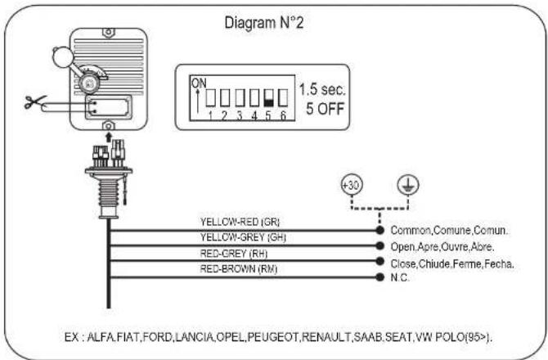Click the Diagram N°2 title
[x=264, y=23]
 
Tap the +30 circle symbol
[x=352, y=185]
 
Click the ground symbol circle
[x=408, y=185]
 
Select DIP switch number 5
[x=268, y=98]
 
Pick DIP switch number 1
[x=210, y=98]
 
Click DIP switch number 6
[x=283, y=98]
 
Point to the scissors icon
[x=35, y=101]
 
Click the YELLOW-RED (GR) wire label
[x=240, y=222]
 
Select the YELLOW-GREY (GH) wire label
[x=243, y=237]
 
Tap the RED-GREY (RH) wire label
[x=233, y=254]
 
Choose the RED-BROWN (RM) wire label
[x=238, y=269]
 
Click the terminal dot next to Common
[x=380, y=230]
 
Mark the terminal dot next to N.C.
[x=380, y=277]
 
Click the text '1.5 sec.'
[x=322, y=90]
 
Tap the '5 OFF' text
[x=325, y=109]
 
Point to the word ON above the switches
[x=199, y=83]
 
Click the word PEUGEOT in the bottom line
[x=273, y=337]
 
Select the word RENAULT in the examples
[x=326, y=337]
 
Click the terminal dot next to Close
[x=380, y=261]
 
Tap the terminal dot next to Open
[x=380, y=245]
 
